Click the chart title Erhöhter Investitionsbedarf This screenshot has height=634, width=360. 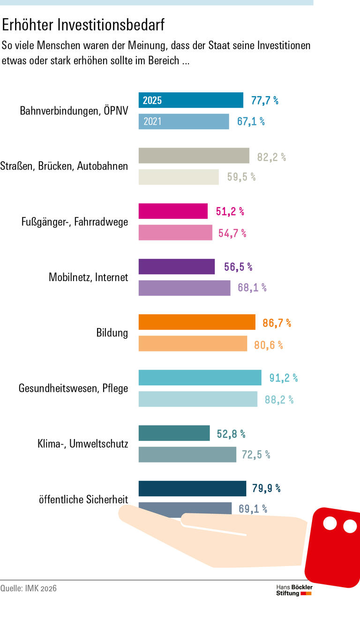click(x=83, y=25)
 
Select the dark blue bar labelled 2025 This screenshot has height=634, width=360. click(x=191, y=100)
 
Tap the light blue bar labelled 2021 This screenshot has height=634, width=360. click(x=184, y=121)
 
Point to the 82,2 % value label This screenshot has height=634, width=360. click(x=271, y=157)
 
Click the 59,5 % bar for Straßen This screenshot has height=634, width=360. click(x=179, y=177)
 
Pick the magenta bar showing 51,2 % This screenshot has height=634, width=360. click(x=173, y=211)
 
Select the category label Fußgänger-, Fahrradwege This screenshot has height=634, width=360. click(x=75, y=222)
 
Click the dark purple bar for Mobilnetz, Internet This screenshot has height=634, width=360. click(x=177, y=267)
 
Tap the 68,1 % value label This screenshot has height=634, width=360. click(x=252, y=288)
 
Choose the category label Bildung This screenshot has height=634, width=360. click(x=112, y=333)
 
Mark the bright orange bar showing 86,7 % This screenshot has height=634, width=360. click(x=197, y=322)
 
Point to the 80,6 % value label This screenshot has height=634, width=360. click(x=269, y=345)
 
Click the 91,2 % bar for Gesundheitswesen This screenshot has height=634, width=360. click(x=200, y=378)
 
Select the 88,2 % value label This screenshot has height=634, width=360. click(x=279, y=400)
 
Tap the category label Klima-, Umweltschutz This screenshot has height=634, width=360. click(x=82, y=444)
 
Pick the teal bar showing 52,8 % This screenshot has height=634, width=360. click(x=174, y=433)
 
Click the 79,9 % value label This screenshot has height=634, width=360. click(x=266, y=488)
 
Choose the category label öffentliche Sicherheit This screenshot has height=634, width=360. click(x=83, y=500)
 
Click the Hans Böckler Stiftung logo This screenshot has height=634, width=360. click(x=294, y=590)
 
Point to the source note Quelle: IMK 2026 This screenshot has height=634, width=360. click(x=29, y=588)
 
